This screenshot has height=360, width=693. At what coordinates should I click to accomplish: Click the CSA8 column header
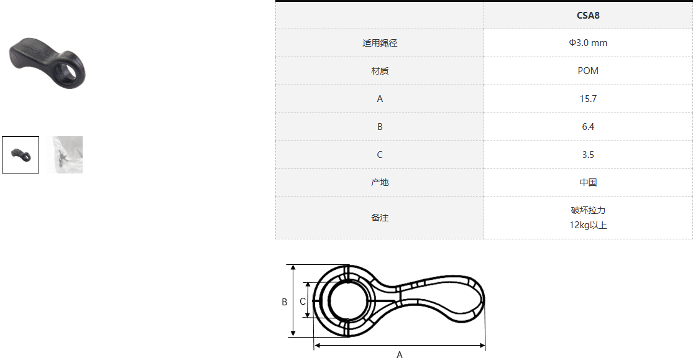click(x=588, y=16)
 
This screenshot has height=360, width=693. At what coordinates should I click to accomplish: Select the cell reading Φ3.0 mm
click(x=588, y=43)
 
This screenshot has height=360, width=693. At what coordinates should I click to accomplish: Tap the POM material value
click(x=588, y=71)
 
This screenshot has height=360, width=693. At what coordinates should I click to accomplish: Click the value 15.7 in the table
click(x=588, y=99)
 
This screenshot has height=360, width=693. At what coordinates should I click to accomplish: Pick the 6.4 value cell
click(x=588, y=126)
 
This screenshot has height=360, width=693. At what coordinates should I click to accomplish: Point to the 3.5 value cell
click(x=588, y=154)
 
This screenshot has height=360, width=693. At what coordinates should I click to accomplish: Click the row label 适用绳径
click(x=380, y=43)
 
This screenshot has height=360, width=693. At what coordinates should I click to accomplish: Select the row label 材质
click(x=380, y=71)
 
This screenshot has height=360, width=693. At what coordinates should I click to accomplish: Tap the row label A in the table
click(x=380, y=99)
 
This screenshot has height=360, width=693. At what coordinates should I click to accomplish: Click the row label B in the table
click(x=380, y=126)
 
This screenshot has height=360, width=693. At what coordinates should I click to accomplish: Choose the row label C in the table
click(x=380, y=154)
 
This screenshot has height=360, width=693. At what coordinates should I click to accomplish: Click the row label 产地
click(x=380, y=182)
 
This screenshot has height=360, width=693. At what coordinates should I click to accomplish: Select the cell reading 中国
click(x=588, y=182)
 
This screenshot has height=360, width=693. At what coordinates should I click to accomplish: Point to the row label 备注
click(x=380, y=218)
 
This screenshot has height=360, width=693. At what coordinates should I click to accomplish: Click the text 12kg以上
click(x=588, y=225)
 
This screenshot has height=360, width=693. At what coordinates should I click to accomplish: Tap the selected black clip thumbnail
click(x=21, y=155)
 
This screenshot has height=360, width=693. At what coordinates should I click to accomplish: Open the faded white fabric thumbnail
click(x=67, y=155)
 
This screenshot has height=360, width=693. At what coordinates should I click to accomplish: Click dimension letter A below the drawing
click(x=400, y=354)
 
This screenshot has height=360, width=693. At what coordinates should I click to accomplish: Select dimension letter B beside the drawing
click(x=285, y=302)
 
